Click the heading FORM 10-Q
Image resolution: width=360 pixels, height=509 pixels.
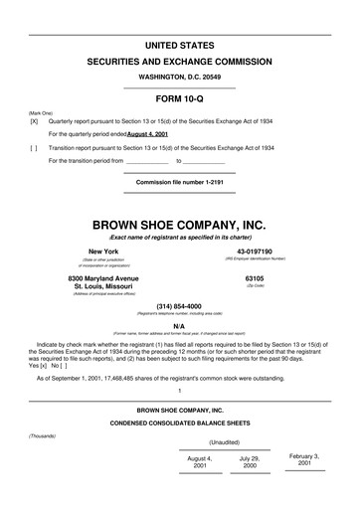coord(180,99)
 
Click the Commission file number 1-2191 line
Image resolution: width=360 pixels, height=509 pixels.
coord(180,184)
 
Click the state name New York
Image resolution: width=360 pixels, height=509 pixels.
coord(103,252)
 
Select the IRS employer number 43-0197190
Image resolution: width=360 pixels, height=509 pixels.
coord(256,252)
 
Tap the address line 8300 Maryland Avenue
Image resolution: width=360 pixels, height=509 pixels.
coord(103,278)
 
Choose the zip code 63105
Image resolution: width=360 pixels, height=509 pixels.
coord(255,278)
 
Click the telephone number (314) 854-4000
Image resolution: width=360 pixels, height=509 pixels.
coord(180,306)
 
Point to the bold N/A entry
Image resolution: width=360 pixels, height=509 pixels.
coord(180,325)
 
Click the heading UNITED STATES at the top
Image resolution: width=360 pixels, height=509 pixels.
coord(180,47)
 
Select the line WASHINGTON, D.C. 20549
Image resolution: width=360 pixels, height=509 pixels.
coord(180,77)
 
